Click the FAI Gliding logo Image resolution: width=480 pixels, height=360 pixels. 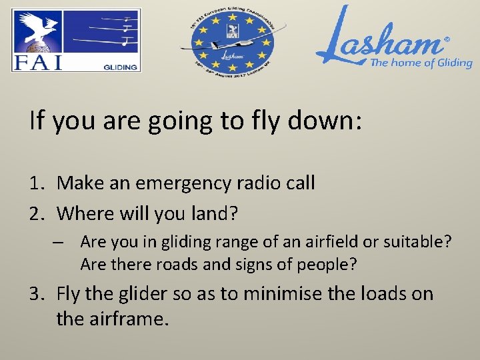[x=76, y=40]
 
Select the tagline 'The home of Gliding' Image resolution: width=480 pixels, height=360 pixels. [x=421, y=63]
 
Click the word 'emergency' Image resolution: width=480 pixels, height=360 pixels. [x=187, y=183]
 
